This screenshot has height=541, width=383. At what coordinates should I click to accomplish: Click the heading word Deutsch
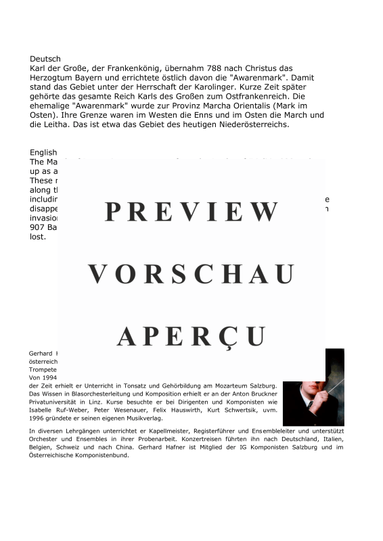(45, 60)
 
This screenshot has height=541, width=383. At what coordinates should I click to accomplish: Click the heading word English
(43, 153)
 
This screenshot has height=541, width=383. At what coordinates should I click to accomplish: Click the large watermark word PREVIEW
(191, 212)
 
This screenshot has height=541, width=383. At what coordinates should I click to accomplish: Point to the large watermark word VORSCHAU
(191, 275)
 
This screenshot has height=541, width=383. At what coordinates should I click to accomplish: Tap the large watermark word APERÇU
(191, 336)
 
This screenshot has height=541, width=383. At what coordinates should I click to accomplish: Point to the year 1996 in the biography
(37, 419)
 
